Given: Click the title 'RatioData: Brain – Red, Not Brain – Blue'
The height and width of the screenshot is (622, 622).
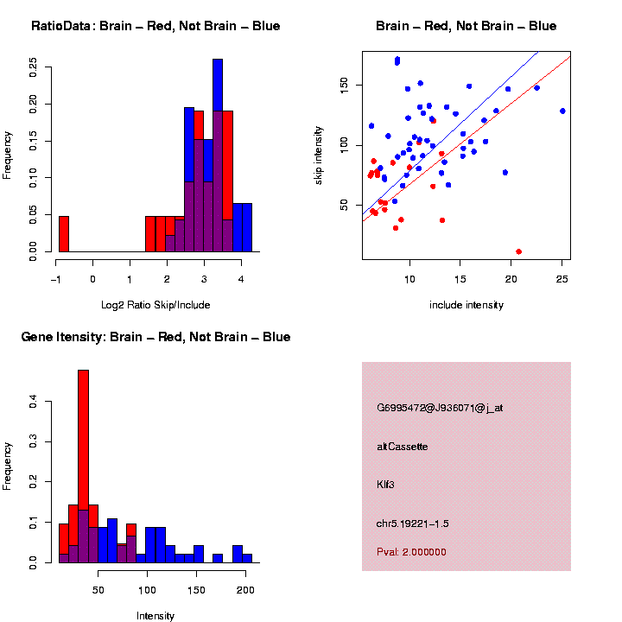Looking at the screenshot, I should (155, 26).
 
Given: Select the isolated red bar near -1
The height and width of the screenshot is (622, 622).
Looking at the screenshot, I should (63, 233).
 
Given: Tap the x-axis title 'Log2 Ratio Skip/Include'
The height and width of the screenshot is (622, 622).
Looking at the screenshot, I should (155, 305).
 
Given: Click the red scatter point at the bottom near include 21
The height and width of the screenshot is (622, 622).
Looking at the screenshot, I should (518, 251).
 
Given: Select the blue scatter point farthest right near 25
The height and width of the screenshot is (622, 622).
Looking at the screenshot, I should (562, 111).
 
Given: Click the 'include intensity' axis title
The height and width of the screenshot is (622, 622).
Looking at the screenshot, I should (466, 305).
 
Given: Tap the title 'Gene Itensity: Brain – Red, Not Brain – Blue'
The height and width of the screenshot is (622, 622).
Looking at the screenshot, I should (155, 337).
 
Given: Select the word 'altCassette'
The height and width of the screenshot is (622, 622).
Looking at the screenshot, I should (403, 447).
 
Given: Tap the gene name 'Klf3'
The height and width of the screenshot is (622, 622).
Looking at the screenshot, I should (386, 485).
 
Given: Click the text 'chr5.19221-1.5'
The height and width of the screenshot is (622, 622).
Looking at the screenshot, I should (413, 524).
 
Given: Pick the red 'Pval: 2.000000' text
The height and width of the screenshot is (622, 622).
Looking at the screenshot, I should (412, 551).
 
